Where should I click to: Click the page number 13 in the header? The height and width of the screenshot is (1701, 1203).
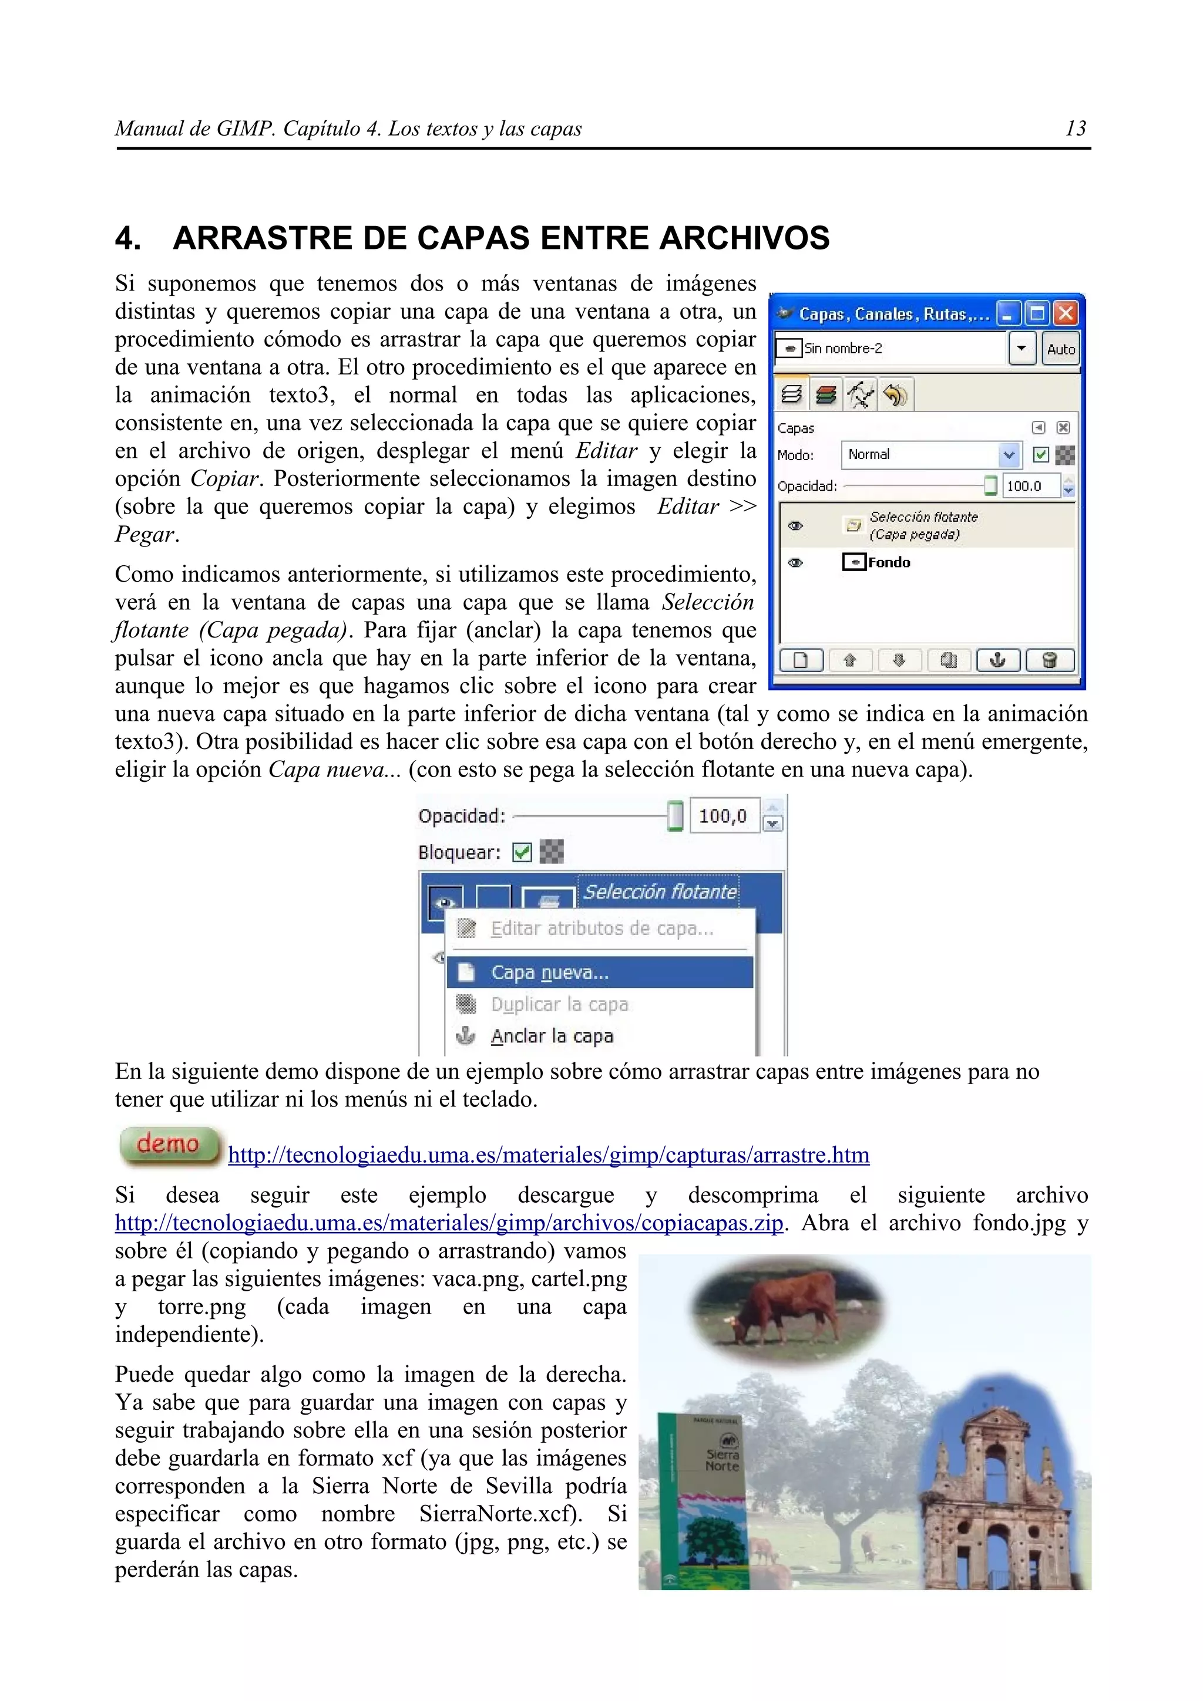pos(1075,129)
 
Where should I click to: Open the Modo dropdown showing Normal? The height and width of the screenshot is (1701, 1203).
pos(1008,455)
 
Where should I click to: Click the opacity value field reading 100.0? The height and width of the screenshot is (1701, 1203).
pos(1030,486)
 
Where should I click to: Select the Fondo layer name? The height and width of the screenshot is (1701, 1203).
pos(889,562)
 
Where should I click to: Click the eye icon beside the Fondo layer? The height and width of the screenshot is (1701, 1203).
pos(795,562)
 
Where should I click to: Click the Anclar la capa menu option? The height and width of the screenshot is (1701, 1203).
pos(552,1036)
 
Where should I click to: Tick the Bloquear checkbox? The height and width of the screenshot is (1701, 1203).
pos(522,852)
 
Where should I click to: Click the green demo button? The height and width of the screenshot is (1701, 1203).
pos(169,1145)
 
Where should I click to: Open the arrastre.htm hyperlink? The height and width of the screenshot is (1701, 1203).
pos(549,1155)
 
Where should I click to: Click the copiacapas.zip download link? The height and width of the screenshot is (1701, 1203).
pos(448,1223)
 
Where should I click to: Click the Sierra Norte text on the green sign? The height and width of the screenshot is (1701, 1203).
pos(722,1460)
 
